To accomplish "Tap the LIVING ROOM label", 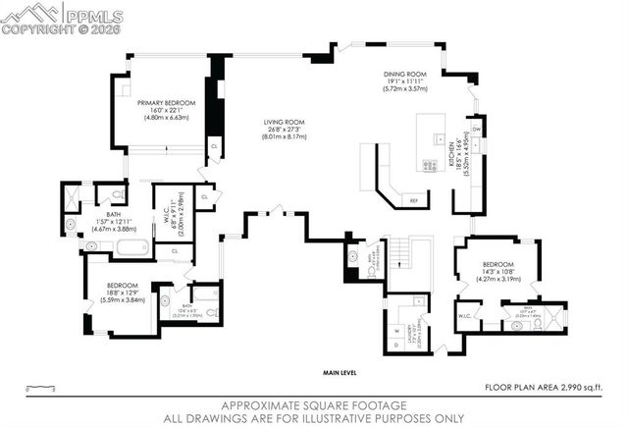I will [x=285, y=123].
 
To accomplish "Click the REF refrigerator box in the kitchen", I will [x=414, y=200].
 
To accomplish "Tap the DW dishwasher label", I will [x=476, y=129].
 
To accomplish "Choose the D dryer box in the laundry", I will [x=396, y=344].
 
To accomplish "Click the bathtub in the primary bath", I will [x=131, y=246].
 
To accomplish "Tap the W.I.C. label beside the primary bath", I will [x=164, y=214].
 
